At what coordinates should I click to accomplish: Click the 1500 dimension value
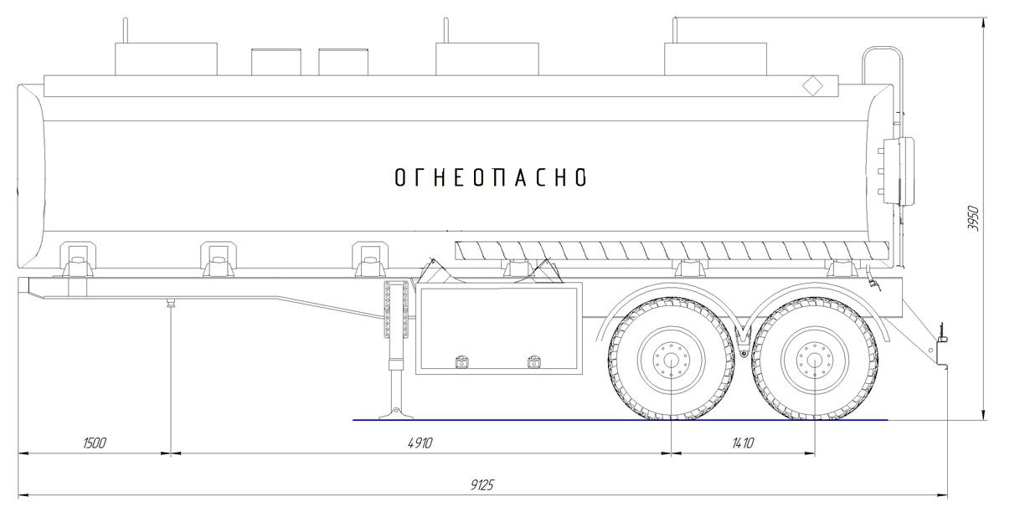tap(95, 443)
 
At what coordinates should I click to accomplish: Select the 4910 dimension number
tap(420, 443)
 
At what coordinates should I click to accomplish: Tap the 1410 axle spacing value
tap(743, 443)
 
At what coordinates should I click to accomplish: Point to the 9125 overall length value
tap(482, 485)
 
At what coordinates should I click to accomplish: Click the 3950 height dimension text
tap(973, 218)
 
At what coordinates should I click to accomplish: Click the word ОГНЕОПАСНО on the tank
tap(491, 177)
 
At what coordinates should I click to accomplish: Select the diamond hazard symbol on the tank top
tap(812, 86)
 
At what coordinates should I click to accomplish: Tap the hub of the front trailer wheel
tap(671, 360)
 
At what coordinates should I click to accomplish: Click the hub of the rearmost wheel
tap(815, 360)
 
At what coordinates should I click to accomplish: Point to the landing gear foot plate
tap(396, 414)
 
